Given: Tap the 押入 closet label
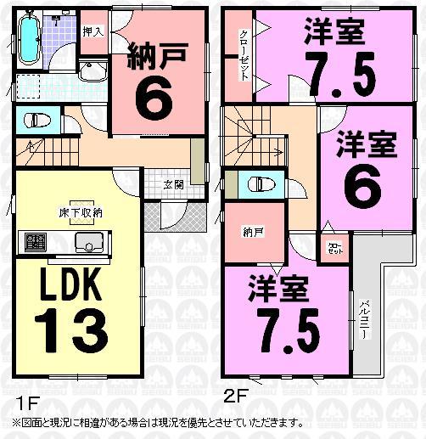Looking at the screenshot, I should [x=92, y=31].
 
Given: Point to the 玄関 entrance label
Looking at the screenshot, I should [x=174, y=183].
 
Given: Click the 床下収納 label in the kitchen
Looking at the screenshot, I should [x=81, y=212].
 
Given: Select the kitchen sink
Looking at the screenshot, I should [x=87, y=244].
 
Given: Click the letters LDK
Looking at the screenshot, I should [x=70, y=286].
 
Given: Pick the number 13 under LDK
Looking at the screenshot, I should [x=72, y=328].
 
